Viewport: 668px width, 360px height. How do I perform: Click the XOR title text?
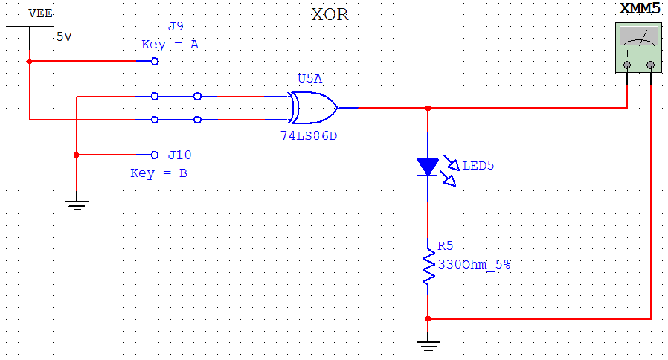330,15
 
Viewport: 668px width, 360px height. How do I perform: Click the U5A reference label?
309,79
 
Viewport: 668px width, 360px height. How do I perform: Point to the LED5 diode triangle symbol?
428,167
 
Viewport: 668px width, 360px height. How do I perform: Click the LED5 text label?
478,165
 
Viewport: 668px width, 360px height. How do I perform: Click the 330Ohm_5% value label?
473,263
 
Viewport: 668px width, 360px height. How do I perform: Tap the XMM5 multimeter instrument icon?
639,47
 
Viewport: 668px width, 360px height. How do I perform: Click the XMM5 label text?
639,10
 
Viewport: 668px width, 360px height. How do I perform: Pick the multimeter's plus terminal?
627,66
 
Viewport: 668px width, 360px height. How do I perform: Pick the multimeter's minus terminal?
651,66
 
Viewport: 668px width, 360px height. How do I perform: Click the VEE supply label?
40,13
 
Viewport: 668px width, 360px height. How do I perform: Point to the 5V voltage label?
64,36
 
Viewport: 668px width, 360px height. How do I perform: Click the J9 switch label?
176,27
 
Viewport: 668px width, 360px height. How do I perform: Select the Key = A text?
170,45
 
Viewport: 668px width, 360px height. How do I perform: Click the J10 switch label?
179,155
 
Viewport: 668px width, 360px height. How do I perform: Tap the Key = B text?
158,173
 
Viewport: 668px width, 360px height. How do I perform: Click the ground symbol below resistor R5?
428,344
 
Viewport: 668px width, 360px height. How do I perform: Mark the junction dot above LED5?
428,108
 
